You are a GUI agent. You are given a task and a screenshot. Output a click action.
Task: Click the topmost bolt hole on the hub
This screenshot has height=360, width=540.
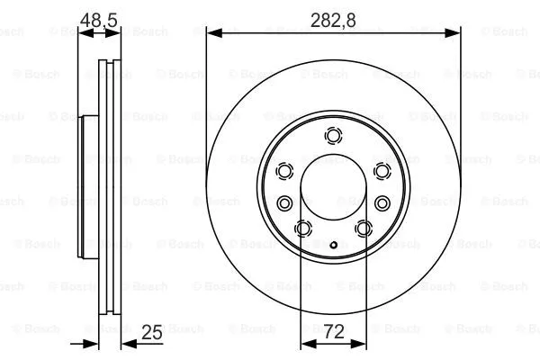tap(334, 137)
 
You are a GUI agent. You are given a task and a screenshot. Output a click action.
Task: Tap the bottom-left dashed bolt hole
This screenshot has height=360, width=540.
tap(303, 229)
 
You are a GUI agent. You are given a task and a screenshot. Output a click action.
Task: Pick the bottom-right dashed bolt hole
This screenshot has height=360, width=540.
tap(364, 229)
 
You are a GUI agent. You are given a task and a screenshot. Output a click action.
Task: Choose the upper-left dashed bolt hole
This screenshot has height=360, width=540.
tap(285, 171)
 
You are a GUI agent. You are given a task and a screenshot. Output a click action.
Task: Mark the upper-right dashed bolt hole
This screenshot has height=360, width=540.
tap(382, 171)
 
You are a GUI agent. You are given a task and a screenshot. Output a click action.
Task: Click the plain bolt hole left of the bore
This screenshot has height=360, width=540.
tap(285, 202)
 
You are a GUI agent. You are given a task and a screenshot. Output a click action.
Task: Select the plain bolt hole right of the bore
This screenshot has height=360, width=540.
tap(382, 202)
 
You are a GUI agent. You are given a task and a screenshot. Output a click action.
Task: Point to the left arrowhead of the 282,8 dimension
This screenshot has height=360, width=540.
tap(213, 33)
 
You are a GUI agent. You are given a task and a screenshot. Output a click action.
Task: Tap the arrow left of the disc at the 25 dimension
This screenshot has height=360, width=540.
tap(90, 342)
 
